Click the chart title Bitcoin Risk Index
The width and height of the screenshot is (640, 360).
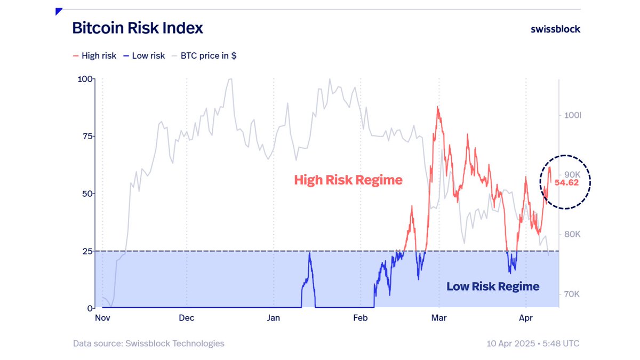pyautogui.click(x=138, y=28)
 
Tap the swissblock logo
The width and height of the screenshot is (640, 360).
pyautogui.click(x=555, y=29)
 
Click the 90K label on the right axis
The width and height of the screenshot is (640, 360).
pyautogui.click(x=572, y=175)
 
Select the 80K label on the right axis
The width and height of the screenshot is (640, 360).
pyautogui.click(x=572, y=235)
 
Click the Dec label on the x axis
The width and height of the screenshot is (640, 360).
pyautogui.click(x=187, y=318)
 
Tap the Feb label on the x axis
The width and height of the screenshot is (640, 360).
pyautogui.click(x=361, y=318)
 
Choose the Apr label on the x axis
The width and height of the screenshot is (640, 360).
pyautogui.click(x=526, y=318)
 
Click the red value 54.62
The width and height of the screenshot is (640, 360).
pyautogui.click(x=566, y=182)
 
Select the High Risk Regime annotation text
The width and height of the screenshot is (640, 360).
pyautogui.click(x=348, y=180)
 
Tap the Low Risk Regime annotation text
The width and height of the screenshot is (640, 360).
pyautogui.click(x=493, y=286)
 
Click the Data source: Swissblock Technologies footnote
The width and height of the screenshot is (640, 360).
pyautogui.click(x=149, y=343)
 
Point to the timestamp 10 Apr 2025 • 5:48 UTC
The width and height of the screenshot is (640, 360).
pyautogui.click(x=533, y=343)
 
